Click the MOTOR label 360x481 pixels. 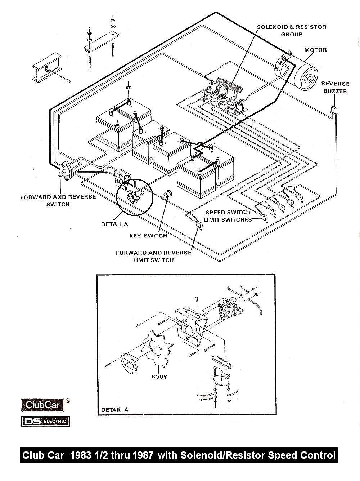pyautogui.click(x=315, y=50)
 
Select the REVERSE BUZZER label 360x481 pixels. pyautogui.click(x=335, y=88)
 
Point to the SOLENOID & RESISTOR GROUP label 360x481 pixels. pyautogui.click(x=291, y=31)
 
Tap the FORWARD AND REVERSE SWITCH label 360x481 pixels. pyautogui.click(x=58, y=200)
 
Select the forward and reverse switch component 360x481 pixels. pyautogui.click(x=65, y=169)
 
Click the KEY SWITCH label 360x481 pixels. pyautogui.click(x=148, y=236)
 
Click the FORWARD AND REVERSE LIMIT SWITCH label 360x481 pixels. pyautogui.click(x=153, y=256)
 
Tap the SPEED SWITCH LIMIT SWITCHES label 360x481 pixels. pyautogui.click(x=228, y=216)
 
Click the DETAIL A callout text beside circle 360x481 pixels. pyautogui.click(x=114, y=224)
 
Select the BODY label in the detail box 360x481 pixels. pyautogui.click(x=159, y=377)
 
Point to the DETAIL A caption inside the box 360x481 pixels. pyautogui.click(x=114, y=410)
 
